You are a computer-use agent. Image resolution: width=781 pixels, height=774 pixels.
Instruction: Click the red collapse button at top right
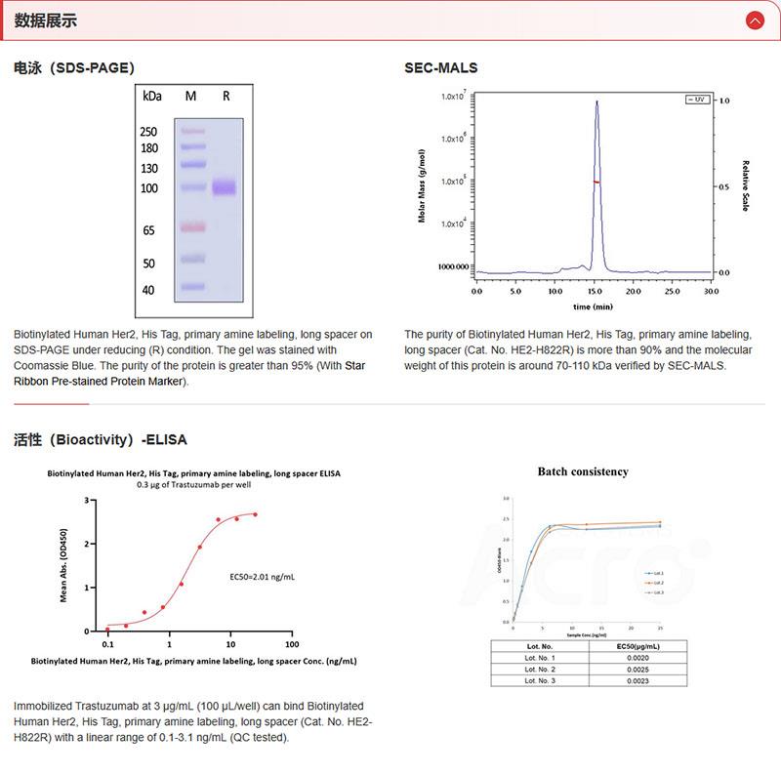(x=754, y=20)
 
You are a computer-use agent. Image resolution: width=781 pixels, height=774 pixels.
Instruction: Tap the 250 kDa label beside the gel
(x=148, y=132)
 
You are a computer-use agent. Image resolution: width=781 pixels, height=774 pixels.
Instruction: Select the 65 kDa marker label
(x=149, y=230)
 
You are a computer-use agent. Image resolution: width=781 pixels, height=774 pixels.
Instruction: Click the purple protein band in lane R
(x=225, y=187)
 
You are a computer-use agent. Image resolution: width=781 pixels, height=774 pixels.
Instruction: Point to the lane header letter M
(x=190, y=97)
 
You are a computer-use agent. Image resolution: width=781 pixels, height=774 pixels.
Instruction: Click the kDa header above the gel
(x=151, y=97)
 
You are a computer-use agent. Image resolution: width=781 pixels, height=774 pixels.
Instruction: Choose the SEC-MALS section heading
(x=441, y=68)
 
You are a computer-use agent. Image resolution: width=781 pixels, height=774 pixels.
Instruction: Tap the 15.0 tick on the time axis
(x=594, y=291)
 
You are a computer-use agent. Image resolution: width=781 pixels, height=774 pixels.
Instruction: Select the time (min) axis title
(x=594, y=306)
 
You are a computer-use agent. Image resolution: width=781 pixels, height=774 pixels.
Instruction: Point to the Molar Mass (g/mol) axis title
(x=422, y=186)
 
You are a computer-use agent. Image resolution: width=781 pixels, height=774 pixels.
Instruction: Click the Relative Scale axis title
(x=745, y=186)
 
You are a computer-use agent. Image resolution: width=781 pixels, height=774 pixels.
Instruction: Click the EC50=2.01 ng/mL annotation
(x=262, y=577)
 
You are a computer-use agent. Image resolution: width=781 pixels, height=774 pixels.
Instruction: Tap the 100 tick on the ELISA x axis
(x=291, y=645)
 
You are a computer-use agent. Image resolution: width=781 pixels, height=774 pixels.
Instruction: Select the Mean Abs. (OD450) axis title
(x=63, y=565)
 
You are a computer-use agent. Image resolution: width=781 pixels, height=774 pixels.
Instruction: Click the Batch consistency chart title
(x=583, y=471)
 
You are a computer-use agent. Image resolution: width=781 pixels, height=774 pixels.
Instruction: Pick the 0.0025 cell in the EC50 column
(x=638, y=669)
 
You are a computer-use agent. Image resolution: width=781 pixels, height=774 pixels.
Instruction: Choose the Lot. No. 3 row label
(x=540, y=680)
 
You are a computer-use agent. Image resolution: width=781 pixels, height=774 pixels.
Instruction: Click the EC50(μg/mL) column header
(x=638, y=646)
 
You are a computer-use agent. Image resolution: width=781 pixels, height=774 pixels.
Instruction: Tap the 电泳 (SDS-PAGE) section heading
(x=74, y=68)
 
